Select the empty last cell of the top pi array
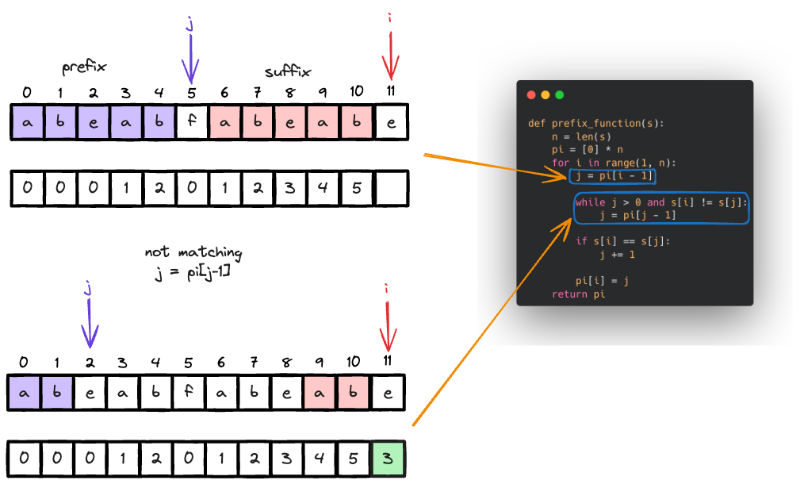(392, 188)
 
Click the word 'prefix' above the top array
(85, 67)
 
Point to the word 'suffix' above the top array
(287, 71)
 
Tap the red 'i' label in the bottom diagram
(387, 289)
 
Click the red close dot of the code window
(531, 95)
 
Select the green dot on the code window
(560, 95)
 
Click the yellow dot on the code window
(545, 95)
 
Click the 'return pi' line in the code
(578, 294)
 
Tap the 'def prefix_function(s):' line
(595, 123)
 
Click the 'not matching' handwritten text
(193, 253)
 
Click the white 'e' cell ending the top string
(392, 123)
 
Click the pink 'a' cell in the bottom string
(323, 393)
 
